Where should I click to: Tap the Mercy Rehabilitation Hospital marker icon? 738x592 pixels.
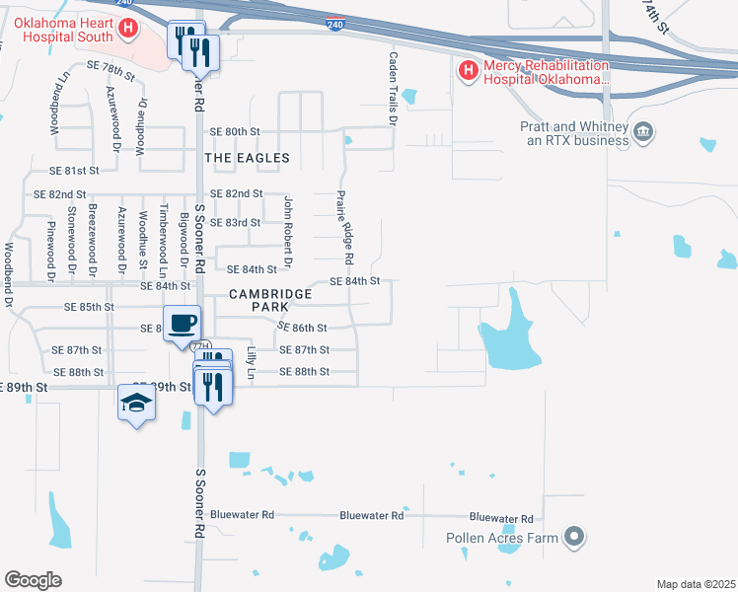[x=468, y=71]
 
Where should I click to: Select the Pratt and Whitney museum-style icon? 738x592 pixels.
[x=643, y=132]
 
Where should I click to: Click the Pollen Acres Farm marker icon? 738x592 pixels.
[x=573, y=538]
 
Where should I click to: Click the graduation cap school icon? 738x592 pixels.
[x=137, y=402]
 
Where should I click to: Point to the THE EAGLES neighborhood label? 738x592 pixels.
[x=247, y=158]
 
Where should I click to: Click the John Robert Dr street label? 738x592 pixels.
[x=288, y=233]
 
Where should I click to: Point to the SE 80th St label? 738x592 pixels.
[x=235, y=131]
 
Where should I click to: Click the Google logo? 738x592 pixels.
[x=33, y=579]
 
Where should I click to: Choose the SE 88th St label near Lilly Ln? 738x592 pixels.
[x=304, y=372]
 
